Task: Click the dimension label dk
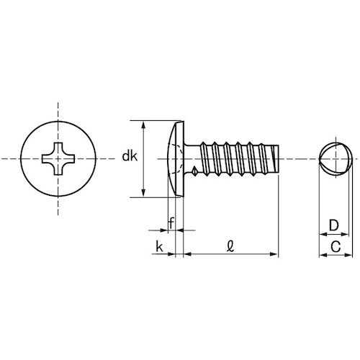(x=130, y=156)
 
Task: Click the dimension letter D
(x=333, y=225)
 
